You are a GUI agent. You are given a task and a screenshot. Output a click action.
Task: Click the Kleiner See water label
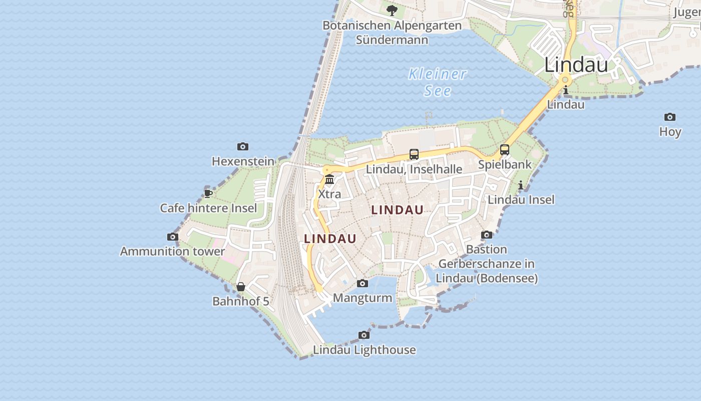coord(437,82)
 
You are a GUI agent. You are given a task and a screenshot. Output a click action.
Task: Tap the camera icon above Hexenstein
coord(243,146)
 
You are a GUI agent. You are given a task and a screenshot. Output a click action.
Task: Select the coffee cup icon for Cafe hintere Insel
coord(208,193)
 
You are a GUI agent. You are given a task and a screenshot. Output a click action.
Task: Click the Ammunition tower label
coord(172,251)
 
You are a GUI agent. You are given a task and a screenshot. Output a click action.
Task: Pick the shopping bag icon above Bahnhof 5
coord(241,287)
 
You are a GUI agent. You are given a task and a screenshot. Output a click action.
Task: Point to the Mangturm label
coord(363,298)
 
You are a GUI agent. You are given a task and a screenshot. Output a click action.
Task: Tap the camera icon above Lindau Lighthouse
coord(364,335)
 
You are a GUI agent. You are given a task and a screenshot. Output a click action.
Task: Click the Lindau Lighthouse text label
coord(365,350)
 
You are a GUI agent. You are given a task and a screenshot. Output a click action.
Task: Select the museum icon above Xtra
coord(329,179)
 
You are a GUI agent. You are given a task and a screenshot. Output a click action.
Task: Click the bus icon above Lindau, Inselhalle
coord(414,154)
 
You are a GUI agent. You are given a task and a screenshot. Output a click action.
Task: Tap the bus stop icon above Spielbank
coord(505,149)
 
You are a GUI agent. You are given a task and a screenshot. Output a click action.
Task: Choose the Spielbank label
coord(505,164)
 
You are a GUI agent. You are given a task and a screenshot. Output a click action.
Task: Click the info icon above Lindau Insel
coord(521,185)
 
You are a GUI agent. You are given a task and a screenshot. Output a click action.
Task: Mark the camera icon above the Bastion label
coord(487,235)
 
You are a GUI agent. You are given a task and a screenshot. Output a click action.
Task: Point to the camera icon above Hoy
coord(670,117)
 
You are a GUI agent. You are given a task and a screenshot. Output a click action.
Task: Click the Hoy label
coord(670,132)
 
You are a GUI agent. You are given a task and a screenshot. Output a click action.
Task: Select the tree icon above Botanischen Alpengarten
coord(392,10)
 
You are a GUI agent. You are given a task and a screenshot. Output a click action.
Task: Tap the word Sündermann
coord(392,40)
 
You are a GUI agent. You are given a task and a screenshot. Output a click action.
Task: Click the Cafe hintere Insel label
coord(208,208)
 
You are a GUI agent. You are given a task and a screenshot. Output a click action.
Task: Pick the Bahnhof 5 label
coord(241,301)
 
